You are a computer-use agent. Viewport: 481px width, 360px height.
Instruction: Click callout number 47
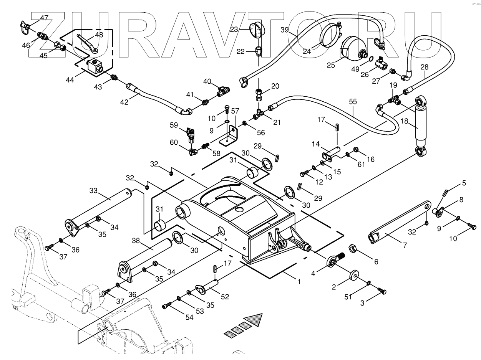click(x=44, y=18)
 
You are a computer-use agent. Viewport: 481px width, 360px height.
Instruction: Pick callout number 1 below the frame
click(x=299, y=281)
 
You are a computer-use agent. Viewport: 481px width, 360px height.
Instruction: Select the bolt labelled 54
click(x=166, y=306)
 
